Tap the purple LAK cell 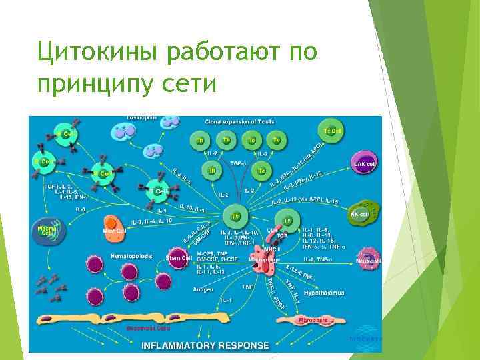click(x=366, y=162)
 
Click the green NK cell click(x=365, y=213)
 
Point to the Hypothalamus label click(x=324, y=293)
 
